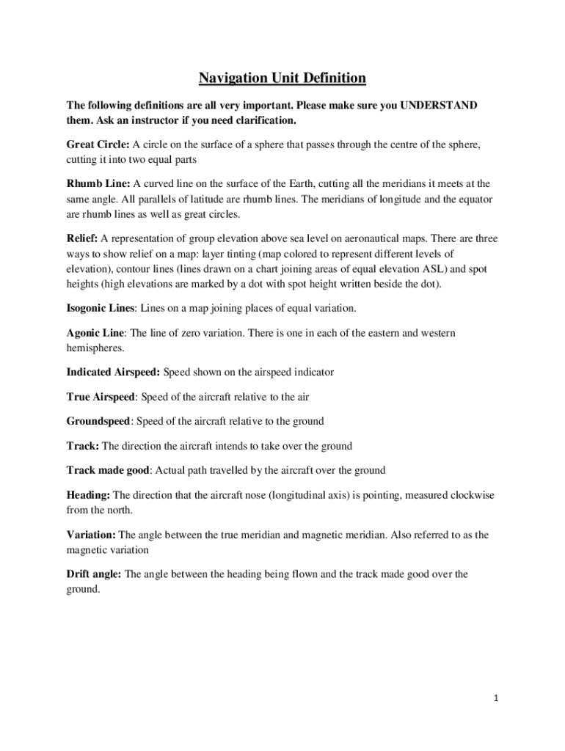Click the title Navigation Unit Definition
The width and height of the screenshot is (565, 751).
pyautogui.click(x=282, y=78)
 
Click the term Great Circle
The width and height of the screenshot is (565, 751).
pyautogui.click(x=97, y=144)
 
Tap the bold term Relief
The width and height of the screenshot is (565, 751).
pyautogui.click(x=81, y=238)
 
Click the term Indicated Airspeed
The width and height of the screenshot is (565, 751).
pyautogui.click(x=112, y=372)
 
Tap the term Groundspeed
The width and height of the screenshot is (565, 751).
pyautogui.click(x=98, y=421)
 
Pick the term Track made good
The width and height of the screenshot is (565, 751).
pyautogui.click(x=108, y=470)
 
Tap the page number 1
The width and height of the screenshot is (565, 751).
pyautogui.click(x=496, y=697)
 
